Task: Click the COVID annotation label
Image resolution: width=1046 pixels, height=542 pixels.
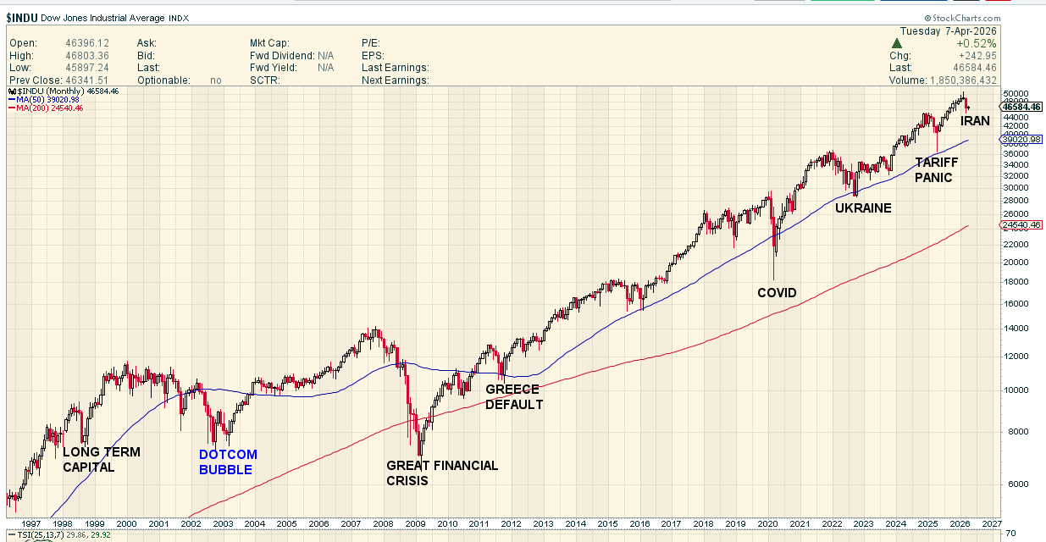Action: click(777, 293)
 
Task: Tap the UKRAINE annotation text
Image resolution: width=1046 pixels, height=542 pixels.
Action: click(863, 207)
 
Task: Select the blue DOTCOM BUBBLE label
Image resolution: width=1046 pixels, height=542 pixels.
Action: click(228, 462)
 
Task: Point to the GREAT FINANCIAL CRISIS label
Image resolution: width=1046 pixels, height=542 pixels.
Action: click(442, 473)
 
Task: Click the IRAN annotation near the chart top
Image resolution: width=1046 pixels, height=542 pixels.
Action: click(975, 121)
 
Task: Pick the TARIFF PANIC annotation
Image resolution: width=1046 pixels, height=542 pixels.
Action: click(935, 170)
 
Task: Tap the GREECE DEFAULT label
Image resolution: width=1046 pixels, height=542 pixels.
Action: click(513, 397)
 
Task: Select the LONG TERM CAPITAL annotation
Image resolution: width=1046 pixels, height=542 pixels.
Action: click(101, 460)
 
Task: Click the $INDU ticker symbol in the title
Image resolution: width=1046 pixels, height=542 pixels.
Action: click(22, 18)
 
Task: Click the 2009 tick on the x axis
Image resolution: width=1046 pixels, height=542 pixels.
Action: click(414, 525)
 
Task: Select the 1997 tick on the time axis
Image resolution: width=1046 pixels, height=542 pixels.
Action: click(31, 525)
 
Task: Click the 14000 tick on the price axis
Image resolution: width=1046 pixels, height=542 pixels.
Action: click(1015, 329)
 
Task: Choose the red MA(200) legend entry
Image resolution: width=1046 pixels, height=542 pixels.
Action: click(47, 108)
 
